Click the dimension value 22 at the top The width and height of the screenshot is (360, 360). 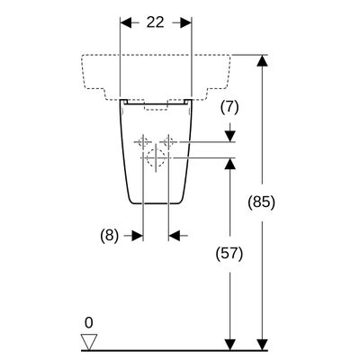click(x=156, y=22)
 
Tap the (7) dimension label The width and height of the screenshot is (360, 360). click(x=229, y=107)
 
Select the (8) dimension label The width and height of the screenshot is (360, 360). click(x=109, y=236)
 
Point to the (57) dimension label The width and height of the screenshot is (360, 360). click(x=229, y=254)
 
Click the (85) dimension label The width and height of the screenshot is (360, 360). click(x=261, y=202)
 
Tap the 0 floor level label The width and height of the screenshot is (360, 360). click(x=89, y=323)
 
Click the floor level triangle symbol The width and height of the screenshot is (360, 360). click(x=89, y=342)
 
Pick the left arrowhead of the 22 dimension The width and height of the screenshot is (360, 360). click(x=126, y=22)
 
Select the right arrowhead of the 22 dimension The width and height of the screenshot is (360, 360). click(x=186, y=22)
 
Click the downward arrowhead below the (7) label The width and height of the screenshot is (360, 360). click(x=230, y=136)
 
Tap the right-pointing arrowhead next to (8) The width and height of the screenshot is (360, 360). click(x=137, y=236)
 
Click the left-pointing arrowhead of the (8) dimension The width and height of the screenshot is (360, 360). click(x=175, y=236)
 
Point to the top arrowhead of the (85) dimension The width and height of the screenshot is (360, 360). click(x=263, y=61)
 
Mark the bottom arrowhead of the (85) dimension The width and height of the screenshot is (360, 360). click(x=263, y=345)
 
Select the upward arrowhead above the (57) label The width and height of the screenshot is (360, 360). click(x=230, y=164)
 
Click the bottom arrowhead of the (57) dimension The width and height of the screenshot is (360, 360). click(x=230, y=345)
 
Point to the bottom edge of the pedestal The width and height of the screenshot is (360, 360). click(x=156, y=203)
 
